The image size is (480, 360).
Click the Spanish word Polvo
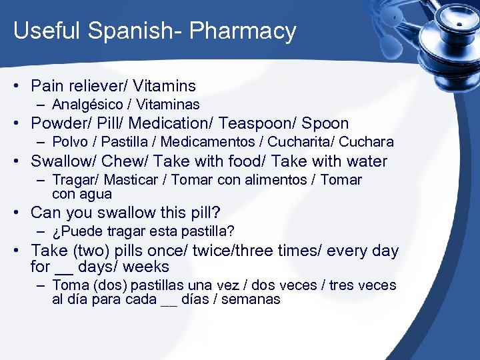pos(70,142)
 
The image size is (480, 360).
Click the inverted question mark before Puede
pos(55,232)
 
